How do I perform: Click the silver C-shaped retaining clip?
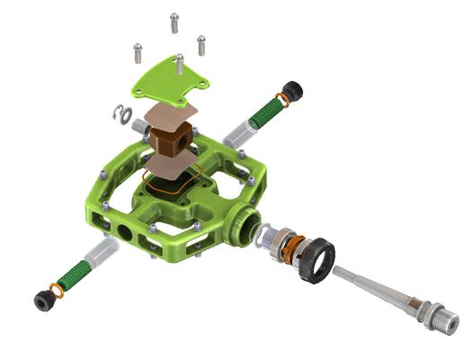(122, 112)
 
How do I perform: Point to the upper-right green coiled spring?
(267, 112)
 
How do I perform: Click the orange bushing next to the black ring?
(288, 247)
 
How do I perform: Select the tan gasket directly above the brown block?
(173, 115)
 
